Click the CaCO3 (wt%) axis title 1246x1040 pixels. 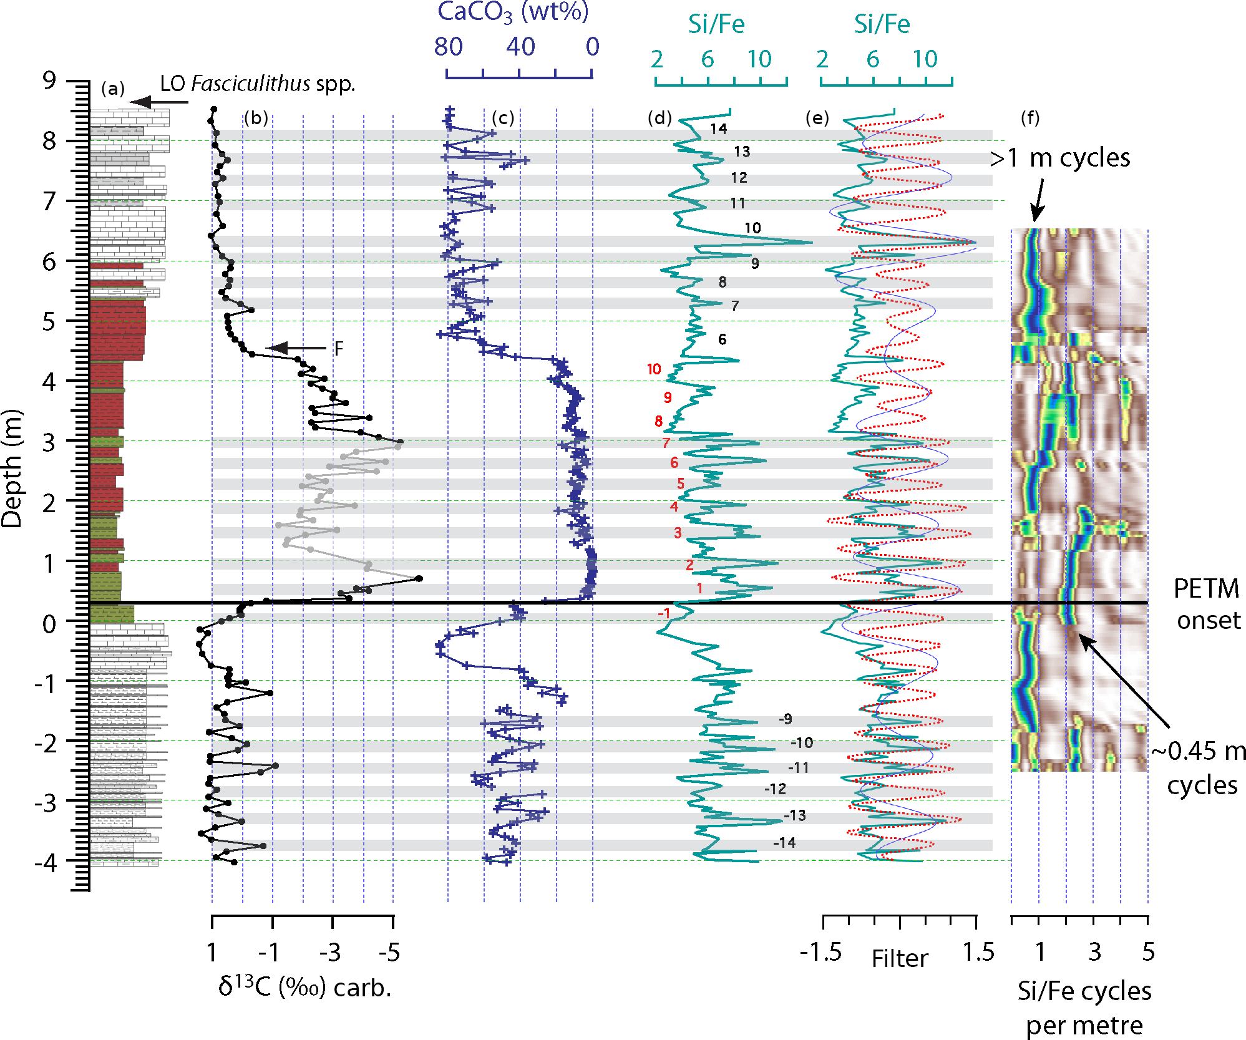click(513, 11)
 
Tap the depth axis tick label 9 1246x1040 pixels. click(49, 80)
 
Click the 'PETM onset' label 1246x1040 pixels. click(1207, 604)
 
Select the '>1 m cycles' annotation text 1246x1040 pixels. click(1060, 158)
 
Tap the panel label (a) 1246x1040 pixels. click(113, 89)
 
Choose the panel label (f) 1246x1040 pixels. click(1030, 117)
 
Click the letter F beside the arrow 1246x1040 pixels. click(338, 348)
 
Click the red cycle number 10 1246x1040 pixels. click(653, 369)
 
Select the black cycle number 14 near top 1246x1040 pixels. click(718, 129)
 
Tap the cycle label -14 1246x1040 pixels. click(784, 843)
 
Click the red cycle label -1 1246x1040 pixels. click(664, 613)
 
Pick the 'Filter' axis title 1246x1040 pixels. click(900, 958)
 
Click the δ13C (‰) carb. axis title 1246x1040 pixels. click(304, 988)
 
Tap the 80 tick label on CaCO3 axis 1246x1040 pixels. click(449, 47)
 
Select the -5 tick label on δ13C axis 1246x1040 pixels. click(389, 953)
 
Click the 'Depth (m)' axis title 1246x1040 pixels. click(12, 468)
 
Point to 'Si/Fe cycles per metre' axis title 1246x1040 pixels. click(1084, 1008)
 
